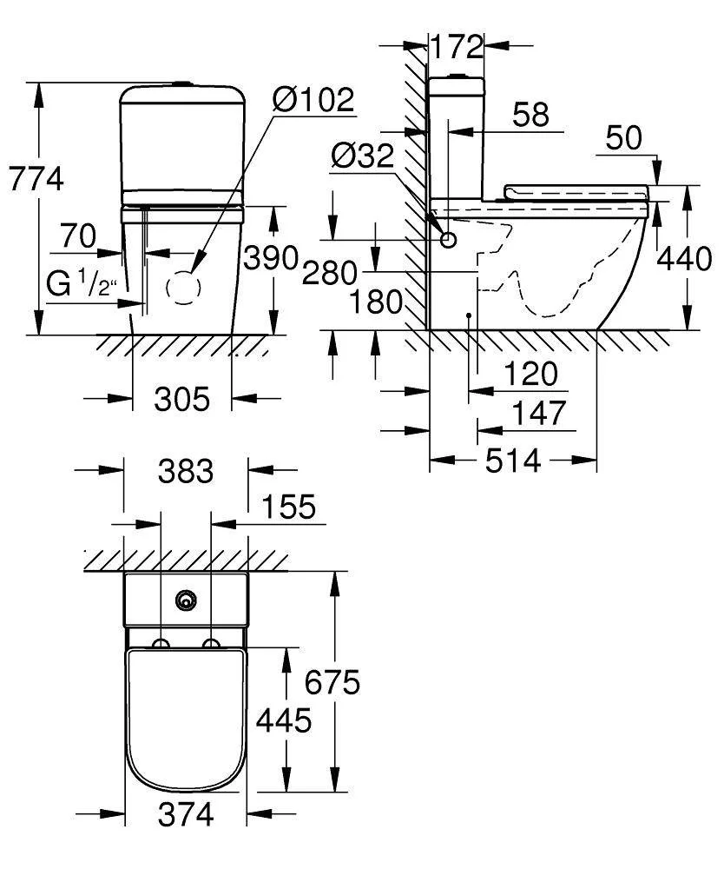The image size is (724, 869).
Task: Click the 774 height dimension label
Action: coord(36,179)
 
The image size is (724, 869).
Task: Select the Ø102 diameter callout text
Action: coord(313,100)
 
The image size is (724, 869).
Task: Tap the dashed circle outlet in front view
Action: coord(183,288)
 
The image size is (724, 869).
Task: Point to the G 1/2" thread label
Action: coord(82,283)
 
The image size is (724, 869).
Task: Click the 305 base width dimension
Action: coord(182,399)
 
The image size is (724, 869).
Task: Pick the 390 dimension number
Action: coord(271,258)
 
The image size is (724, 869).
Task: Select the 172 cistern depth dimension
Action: coord(457,47)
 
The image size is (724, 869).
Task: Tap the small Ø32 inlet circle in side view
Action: coord(448,240)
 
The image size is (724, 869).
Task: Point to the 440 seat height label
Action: coord(684,259)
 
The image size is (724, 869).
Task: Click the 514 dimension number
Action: coord(513,461)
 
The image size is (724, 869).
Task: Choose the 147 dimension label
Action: coord(539,414)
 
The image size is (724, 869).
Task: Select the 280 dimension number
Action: coord(330,273)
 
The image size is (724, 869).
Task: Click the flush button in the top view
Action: coord(187,600)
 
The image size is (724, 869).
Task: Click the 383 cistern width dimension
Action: coord(186,472)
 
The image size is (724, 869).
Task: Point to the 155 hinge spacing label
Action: coord(288,507)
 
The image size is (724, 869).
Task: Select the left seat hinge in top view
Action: coord(161,643)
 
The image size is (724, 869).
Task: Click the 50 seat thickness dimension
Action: coord(624,138)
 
